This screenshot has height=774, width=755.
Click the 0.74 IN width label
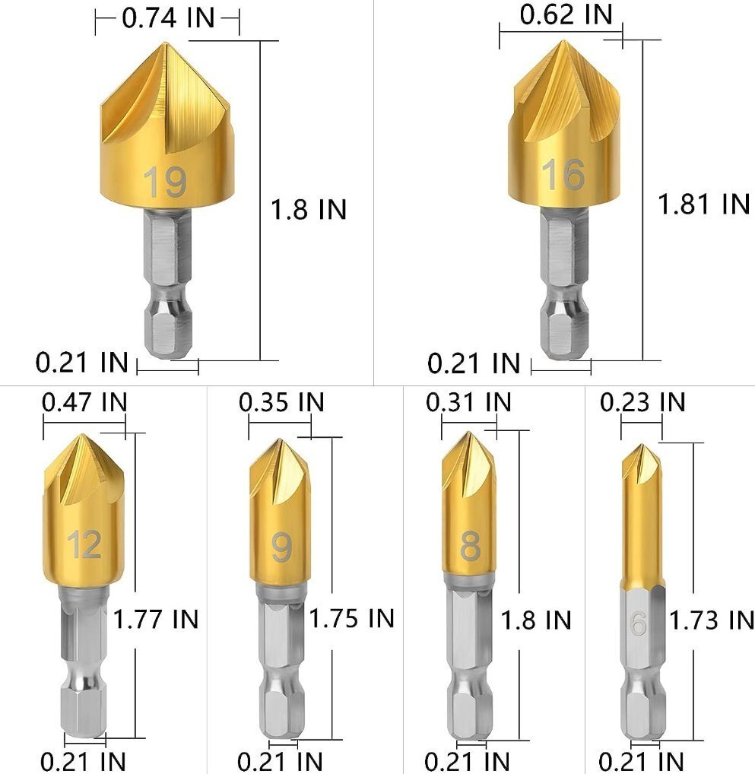coord(168,18)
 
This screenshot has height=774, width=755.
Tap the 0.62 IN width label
coord(566,14)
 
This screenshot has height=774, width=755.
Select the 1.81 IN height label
coord(704,203)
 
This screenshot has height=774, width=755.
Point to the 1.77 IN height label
coord(156,618)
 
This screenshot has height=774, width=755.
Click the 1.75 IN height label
coord(351,618)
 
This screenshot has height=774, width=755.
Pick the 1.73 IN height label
coord(712,620)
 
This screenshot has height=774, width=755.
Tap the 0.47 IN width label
coord(84,401)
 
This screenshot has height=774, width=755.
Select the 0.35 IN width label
coord(281,402)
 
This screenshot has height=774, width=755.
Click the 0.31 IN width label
coord(468,402)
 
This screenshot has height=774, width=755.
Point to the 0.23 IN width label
coord(643,402)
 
